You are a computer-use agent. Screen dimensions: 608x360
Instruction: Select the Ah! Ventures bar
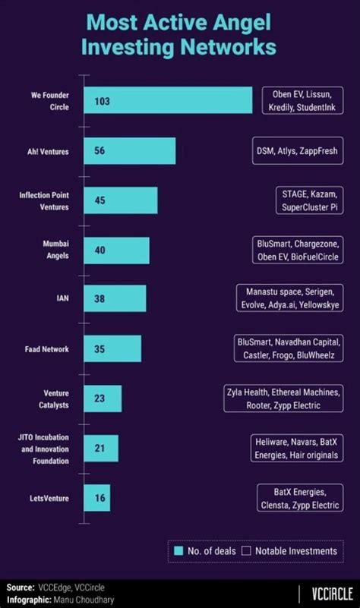[x=130, y=151]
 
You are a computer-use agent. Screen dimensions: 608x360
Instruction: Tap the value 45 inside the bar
[x=100, y=200]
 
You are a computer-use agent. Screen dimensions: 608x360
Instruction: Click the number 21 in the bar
[x=99, y=449]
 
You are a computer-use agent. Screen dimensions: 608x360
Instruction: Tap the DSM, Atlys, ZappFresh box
[x=296, y=151]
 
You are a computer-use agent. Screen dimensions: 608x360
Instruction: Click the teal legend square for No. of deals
[x=179, y=550]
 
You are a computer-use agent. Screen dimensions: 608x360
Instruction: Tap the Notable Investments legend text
[x=295, y=550]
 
